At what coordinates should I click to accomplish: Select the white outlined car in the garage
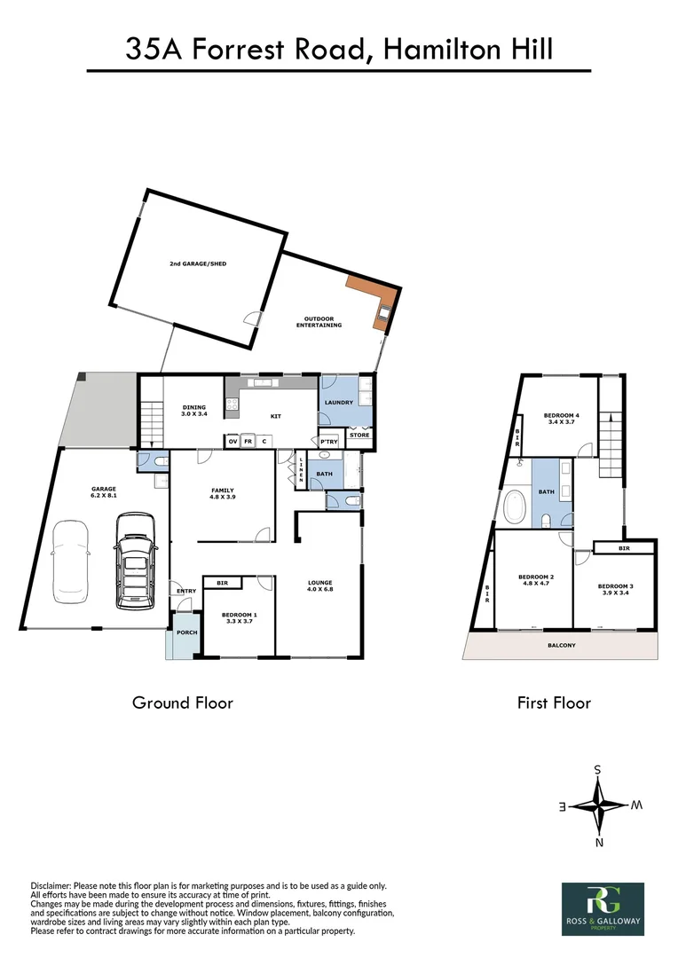coord(69,561)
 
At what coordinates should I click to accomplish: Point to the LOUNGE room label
coord(319,585)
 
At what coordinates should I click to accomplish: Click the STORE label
coord(359,436)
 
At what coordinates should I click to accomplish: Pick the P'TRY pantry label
coord(329,442)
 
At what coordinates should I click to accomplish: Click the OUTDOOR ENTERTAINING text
coord(319,322)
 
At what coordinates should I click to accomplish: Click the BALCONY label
coord(561,646)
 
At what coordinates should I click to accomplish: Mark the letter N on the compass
coord(599,843)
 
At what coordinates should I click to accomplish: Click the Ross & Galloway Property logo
coord(603,908)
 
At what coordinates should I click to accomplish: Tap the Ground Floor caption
coord(183,703)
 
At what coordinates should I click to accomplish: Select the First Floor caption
coord(554,703)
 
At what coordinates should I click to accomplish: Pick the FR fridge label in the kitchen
coord(248,441)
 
